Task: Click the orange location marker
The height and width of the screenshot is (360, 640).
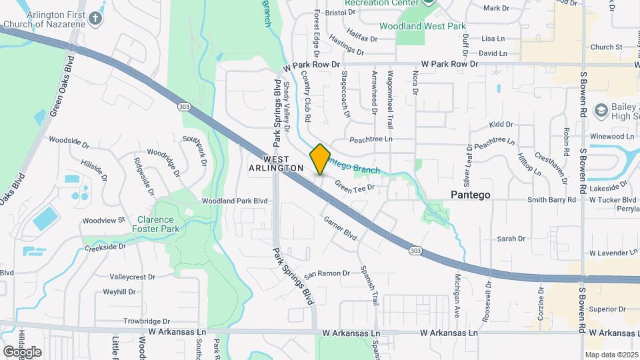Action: (x=320, y=159)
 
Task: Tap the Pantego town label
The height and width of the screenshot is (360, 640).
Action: (x=471, y=195)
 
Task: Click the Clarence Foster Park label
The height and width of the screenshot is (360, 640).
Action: (x=155, y=224)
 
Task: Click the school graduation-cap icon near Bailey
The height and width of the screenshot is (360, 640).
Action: (x=601, y=110)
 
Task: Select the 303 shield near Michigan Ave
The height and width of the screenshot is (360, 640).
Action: (x=415, y=250)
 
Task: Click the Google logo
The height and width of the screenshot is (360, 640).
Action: (x=22, y=351)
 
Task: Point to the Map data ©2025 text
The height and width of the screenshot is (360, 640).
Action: (x=611, y=355)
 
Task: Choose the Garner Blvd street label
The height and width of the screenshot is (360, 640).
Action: (x=340, y=227)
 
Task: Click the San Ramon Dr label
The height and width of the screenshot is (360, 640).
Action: (x=327, y=273)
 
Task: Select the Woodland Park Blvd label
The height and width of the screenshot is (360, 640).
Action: (x=235, y=201)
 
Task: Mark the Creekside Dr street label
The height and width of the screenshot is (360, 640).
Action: (x=105, y=247)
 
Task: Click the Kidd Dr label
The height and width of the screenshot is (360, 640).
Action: (x=501, y=125)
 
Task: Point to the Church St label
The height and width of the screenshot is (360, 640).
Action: (x=606, y=47)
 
